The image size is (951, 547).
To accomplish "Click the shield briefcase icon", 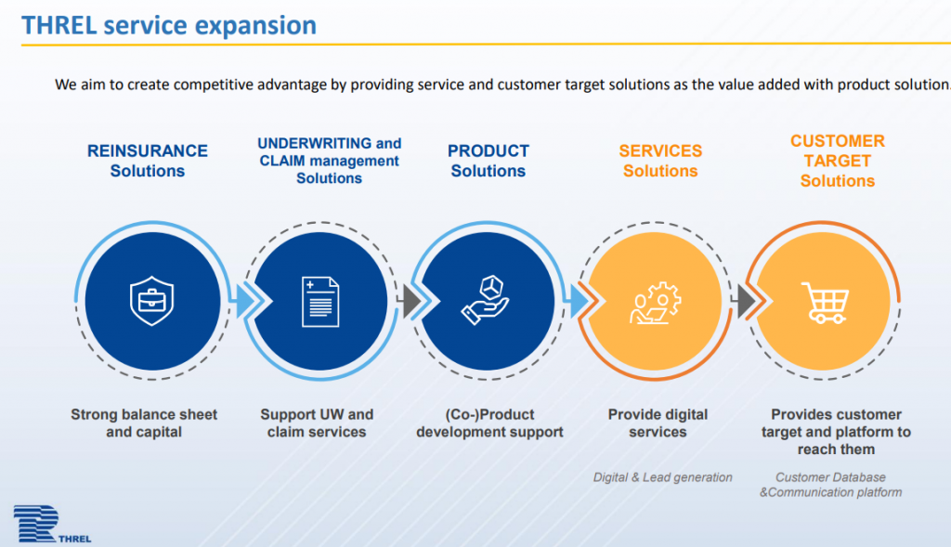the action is point(151,301).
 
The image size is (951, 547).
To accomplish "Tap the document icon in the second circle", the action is point(320,302).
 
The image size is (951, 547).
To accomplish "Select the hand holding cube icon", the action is point(485,300).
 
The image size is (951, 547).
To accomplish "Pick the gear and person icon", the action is point(655,303).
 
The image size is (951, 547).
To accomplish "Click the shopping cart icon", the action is point(825,303).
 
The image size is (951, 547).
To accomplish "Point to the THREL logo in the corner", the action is point(52,524).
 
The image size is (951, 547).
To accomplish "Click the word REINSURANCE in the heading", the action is point(148,150).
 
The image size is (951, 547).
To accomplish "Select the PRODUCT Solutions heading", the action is point(489,161).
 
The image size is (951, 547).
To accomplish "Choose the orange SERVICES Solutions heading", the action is point(660,161).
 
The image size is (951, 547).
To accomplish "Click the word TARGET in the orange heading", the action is point(837,161).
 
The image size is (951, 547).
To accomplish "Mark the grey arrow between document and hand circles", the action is point(411,302).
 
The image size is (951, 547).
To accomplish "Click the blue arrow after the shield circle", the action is point(245,302).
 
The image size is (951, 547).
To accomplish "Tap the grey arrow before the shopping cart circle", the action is point(746,302).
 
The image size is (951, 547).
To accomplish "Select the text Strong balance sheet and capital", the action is point(144,423).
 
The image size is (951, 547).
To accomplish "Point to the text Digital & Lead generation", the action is point(662,477).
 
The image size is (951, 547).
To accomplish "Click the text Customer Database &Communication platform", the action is point(830,485).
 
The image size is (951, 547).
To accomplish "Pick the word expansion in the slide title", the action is point(255,26).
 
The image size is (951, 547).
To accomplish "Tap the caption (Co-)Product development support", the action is point(489,423).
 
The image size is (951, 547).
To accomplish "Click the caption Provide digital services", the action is point(658,423).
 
